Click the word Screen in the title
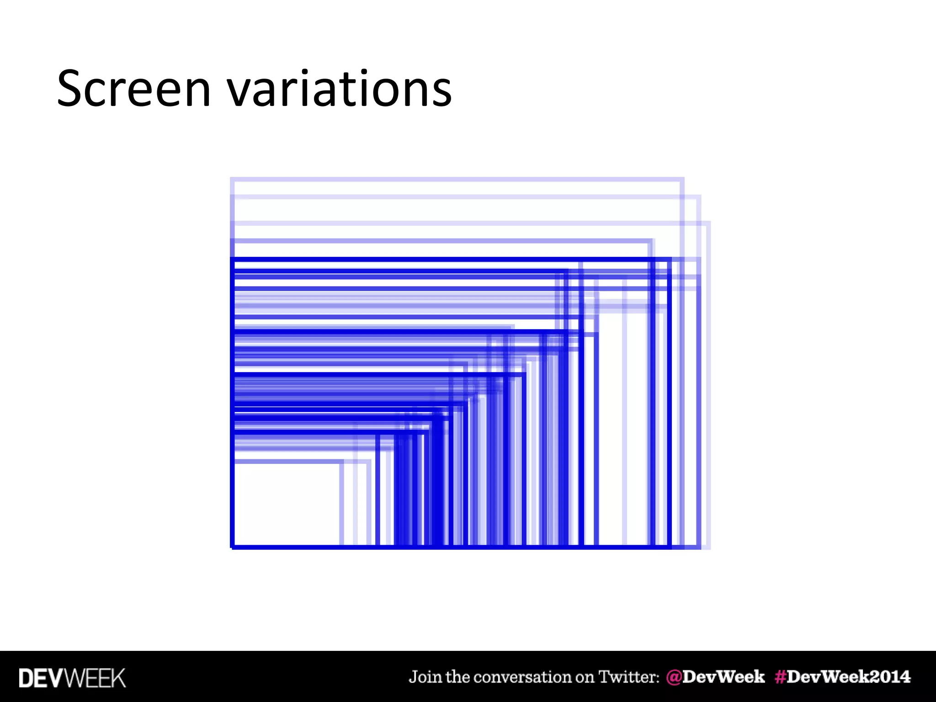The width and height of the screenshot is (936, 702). [134, 89]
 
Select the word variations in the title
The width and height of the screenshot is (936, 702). [339, 89]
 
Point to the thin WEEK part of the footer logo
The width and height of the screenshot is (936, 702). [96, 678]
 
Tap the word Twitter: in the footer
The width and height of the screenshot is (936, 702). [629, 677]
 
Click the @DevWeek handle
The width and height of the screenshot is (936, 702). [715, 677]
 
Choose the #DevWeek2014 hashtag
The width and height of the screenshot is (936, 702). [842, 677]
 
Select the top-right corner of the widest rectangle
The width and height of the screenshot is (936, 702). [708, 223]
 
